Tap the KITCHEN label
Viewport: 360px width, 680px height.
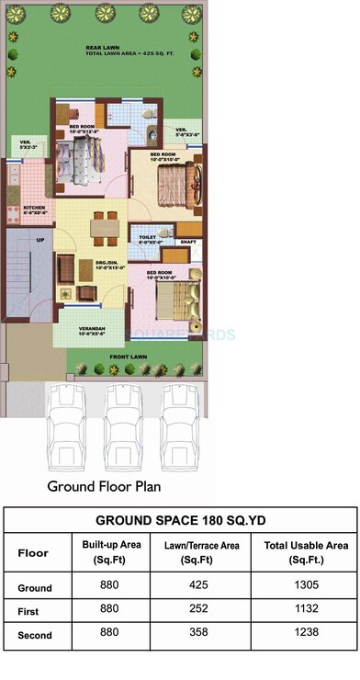click(35, 209)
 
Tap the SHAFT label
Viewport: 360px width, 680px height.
click(188, 242)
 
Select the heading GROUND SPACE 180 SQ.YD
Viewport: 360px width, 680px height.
click(180, 519)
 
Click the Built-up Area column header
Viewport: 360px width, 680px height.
click(111, 552)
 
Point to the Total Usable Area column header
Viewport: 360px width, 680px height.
click(305, 552)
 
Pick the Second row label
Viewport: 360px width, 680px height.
click(35, 635)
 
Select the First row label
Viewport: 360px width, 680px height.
click(28, 611)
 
